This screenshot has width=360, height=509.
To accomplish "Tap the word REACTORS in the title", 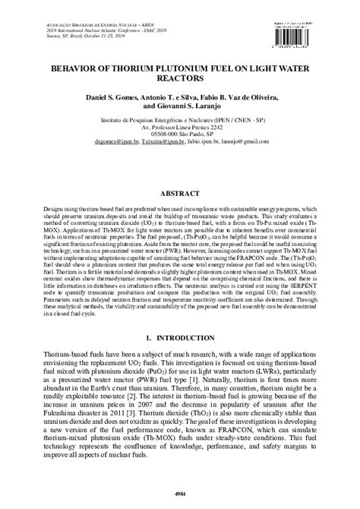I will point(180,77).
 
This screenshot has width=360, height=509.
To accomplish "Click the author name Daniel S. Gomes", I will point(111,101).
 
